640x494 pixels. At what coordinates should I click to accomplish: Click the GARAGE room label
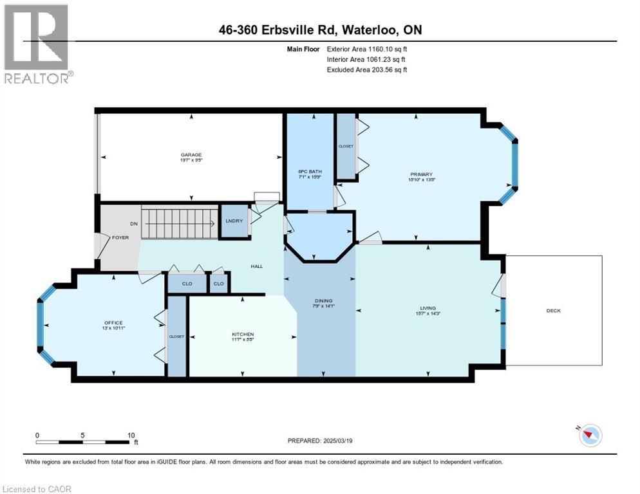point(191,154)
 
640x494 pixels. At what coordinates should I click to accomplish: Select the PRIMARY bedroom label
point(421,174)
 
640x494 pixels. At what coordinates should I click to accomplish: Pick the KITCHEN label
point(243,334)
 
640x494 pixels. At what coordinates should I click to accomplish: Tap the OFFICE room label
point(113,322)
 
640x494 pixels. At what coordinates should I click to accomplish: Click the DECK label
point(554,311)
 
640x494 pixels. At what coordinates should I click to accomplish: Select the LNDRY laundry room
point(234,221)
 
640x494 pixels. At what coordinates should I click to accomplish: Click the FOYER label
point(120,237)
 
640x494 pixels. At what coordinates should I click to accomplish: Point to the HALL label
point(257,266)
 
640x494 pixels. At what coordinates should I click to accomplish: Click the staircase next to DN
point(177,223)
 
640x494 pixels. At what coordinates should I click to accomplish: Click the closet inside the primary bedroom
point(346,147)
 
